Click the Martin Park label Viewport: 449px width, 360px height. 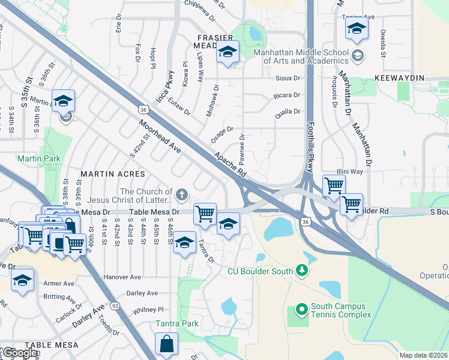tap(31, 158)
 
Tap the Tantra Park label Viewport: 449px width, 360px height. tap(177, 323)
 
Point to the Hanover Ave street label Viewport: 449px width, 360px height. tap(122, 277)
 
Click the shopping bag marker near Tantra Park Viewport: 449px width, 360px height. tap(166, 345)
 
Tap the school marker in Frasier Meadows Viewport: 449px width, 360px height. tap(228, 53)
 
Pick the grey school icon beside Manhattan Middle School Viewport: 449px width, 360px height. tap(358, 56)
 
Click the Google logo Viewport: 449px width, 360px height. tap(20, 353)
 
